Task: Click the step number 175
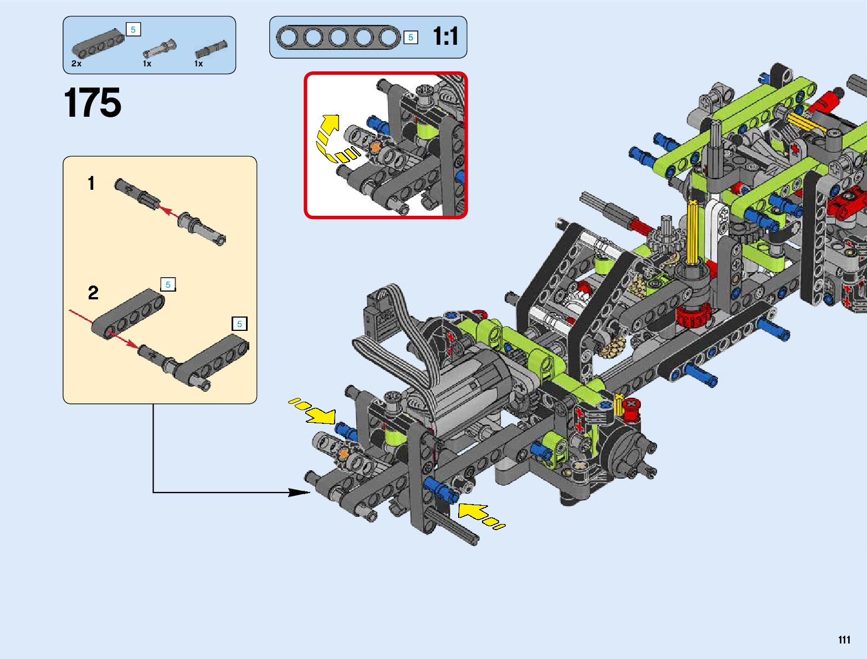point(93,103)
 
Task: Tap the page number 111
point(844,640)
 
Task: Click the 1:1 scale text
point(445,37)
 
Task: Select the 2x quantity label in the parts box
point(76,64)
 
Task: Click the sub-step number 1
point(91,183)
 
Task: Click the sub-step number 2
point(93,293)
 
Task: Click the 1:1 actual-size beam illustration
point(338,38)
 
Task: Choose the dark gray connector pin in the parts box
point(211,50)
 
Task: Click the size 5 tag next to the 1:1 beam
point(411,38)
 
